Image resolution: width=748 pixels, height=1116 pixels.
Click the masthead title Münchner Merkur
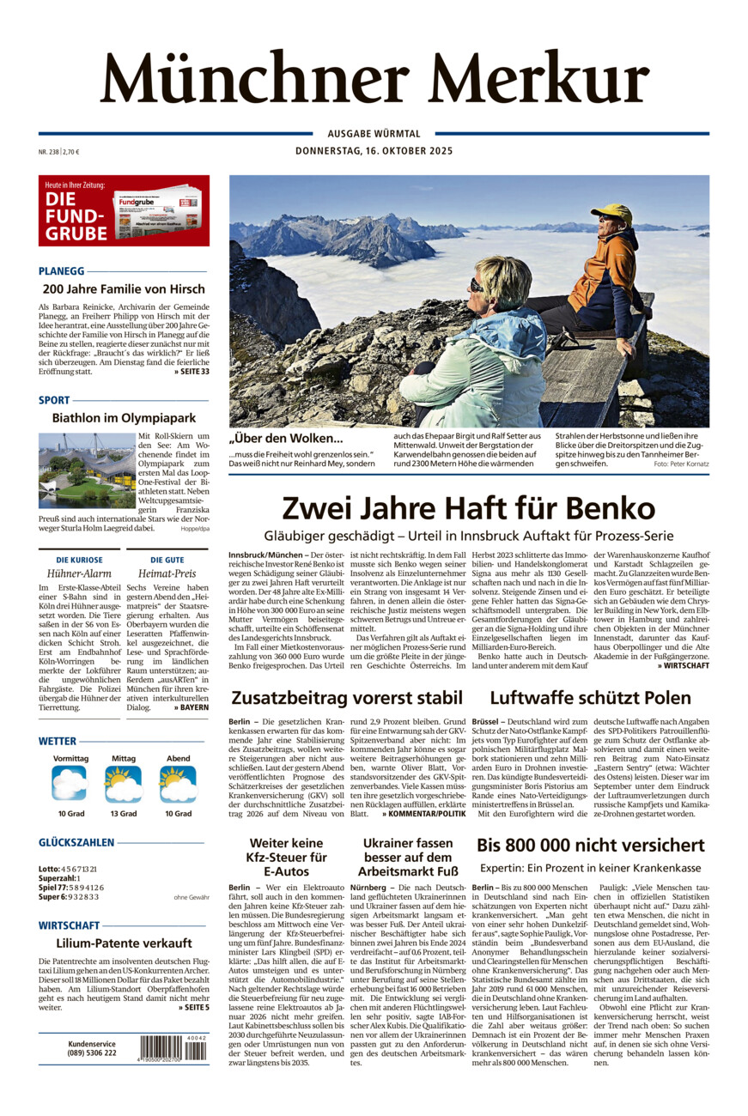click(374, 78)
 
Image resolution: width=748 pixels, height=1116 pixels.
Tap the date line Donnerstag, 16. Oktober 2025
click(374, 151)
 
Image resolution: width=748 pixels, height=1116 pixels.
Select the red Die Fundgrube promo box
click(124, 210)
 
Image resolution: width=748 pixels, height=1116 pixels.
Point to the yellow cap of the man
click(611, 212)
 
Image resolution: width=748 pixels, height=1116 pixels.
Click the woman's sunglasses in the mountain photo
click(478, 285)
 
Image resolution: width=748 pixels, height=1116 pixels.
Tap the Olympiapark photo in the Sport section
click(87, 470)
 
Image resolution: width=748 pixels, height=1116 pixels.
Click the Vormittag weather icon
click(70, 783)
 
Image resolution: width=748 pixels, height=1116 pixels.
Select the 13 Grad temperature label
click(123, 813)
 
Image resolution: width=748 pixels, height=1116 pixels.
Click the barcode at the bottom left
click(173, 1049)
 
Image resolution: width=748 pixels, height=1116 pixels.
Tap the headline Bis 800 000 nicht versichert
click(591, 845)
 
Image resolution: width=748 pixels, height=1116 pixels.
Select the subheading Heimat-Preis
click(167, 573)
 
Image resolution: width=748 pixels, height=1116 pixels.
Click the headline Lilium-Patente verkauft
click(124, 943)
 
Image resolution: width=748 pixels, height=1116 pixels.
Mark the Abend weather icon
click(178, 783)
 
